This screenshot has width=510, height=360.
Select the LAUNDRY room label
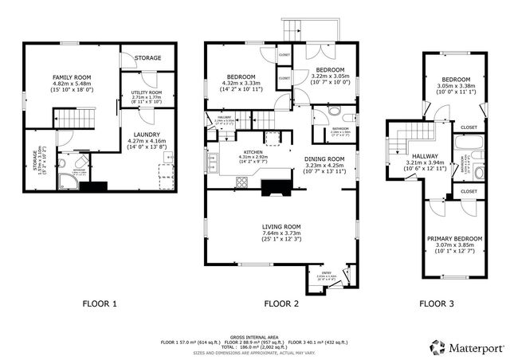[147, 135]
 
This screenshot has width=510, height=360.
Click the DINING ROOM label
[324, 158]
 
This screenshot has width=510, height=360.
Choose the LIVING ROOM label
[280, 226]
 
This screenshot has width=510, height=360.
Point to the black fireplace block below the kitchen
[277, 186]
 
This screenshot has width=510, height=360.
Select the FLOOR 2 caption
[280, 303]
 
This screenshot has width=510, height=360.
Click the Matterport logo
[465, 346]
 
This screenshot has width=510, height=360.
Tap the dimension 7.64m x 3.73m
[280, 234]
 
